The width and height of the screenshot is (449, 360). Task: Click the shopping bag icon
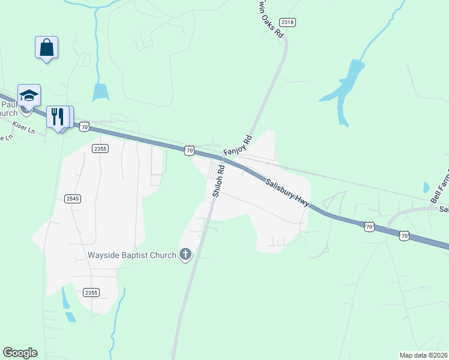(x=47, y=47)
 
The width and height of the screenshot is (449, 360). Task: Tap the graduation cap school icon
(x=29, y=96)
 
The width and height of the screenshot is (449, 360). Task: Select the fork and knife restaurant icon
(x=58, y=117)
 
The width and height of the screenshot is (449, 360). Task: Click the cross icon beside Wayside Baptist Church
(x=185, y=255)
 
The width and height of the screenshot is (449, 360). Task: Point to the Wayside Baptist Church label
(x=132, y=255)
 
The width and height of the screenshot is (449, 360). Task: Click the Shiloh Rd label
(x=218, y=181)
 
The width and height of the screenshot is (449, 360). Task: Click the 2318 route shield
(x=288, y=22)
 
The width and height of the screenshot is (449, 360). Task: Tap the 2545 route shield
(x=73, y=198)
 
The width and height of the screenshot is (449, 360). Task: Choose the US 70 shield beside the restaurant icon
(x=84, y=127)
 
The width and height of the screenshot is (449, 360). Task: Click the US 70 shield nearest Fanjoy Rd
(x=189, y=151)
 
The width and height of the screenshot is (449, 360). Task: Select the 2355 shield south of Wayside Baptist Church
(x=91, y=292)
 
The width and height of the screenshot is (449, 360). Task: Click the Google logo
(x=20, y=353)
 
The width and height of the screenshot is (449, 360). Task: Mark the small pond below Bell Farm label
(x=426, y=187)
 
